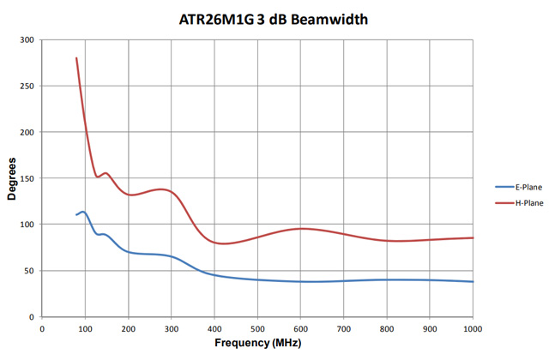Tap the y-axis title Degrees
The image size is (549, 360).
(11, 179)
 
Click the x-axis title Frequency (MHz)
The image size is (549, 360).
(257, 344)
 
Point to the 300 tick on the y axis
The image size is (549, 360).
(26, 40)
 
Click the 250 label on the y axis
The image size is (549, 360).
(26, 87)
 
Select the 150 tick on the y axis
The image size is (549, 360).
(26, 178)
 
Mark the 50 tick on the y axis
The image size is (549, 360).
(28, 271)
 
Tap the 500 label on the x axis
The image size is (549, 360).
(257, 327)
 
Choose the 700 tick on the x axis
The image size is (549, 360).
(343, 327)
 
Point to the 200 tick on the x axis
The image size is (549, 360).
(128, 327)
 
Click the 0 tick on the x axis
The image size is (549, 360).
(42, 327)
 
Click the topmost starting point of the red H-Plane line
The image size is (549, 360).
(76, 58)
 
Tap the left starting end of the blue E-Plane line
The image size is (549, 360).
(76, 215)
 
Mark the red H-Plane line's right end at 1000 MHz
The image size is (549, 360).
(473, 237)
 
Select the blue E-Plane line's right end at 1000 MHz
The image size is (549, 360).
(473, 281)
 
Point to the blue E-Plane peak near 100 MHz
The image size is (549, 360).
(83, 212)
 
